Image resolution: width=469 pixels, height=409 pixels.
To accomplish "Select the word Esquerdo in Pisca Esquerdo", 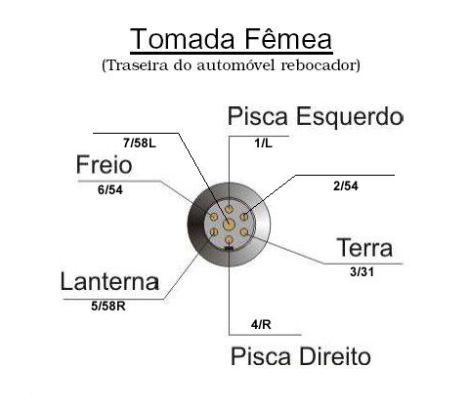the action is [349, 116].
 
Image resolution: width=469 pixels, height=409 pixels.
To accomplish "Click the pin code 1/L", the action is [263, 143].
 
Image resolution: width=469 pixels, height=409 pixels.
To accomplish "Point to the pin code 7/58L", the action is [140, 143].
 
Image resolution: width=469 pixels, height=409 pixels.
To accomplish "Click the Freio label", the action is [104, 165].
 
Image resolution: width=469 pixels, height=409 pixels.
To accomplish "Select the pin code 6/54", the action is [110, 190].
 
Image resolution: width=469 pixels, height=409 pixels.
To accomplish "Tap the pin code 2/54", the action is [346, 186].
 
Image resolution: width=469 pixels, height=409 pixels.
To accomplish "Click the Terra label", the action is [364, 248].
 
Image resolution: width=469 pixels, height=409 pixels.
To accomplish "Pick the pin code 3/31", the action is [362, 271].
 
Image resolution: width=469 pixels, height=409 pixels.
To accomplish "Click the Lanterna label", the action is [110, 281].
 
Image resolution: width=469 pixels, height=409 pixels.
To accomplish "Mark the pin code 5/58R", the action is [108, 307].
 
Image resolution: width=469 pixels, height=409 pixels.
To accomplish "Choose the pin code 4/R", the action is [261, 325].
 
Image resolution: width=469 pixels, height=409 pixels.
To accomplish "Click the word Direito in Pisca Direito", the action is [335, 356].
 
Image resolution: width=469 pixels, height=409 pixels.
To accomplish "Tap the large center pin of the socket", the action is [229, 224].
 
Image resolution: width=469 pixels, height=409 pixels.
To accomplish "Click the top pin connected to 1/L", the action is [230, 208].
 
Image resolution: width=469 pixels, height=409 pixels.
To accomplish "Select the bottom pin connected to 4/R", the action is [230, 240].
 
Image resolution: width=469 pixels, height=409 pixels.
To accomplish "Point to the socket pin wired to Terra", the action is [244, 232].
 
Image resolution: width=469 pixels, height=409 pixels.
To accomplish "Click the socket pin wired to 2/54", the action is [244, 217].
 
